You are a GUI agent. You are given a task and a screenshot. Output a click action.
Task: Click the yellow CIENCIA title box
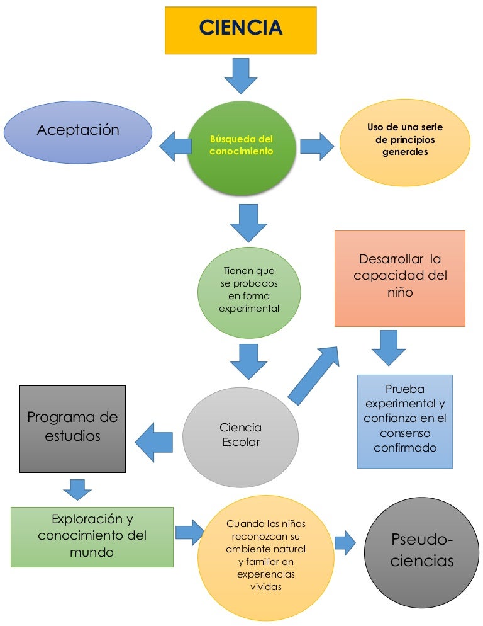pyautogui.click(x=240, y=30)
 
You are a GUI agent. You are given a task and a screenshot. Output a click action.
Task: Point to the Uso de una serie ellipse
pyautogui.click(x=404, y=141)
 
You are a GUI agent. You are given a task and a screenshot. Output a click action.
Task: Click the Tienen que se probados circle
pyautogui.click(x=249, y=290)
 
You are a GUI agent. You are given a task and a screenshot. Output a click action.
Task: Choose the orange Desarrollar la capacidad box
pyautogui.click(x=399, y=278)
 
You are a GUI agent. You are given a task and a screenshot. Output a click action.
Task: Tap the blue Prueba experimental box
pyautogui.click(x=404, y=421)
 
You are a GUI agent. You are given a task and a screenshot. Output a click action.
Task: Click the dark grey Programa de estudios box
pyautogui.click(x=72, y=428)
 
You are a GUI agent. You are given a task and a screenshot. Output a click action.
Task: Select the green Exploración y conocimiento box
pyautogui.click(x=92, y=537)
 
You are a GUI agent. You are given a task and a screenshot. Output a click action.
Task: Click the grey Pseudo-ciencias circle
pyautogui.click(x=421, y=552)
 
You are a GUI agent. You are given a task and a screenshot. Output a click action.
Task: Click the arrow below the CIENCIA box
pyautogui.click(x=240, y=75)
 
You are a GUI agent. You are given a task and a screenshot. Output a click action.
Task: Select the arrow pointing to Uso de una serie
pyautogui.click(x=316, y=146)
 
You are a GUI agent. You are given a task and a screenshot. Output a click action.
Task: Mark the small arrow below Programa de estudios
pyautogui.click(x=77, y=489)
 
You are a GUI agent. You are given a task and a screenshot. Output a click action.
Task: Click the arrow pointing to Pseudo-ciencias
pyautogui.click(x=345, y=542)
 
